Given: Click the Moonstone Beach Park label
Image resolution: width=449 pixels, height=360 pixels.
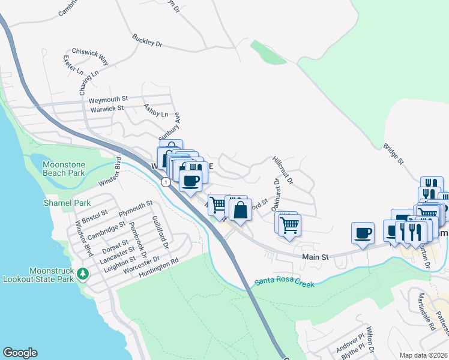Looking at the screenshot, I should (x=64, y=169).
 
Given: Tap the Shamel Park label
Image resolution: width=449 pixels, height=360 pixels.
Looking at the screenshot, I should (x=67, y=203).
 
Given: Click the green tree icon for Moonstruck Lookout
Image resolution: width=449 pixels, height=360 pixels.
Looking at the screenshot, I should (x=83, y=274).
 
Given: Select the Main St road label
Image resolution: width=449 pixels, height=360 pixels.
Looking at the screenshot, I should (x=316, y=257).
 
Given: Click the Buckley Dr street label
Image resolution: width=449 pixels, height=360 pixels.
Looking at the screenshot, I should (x=148, y=41).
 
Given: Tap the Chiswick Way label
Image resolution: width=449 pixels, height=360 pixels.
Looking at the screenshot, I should (x=90, y=56).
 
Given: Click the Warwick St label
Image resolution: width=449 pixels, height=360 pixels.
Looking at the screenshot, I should (x=107, y=109).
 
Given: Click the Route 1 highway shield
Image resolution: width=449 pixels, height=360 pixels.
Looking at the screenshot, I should (x=164, y=181).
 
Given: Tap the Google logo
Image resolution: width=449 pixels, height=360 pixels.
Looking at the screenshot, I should (x=20, y=353).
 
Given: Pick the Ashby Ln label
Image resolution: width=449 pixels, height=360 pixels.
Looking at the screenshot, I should (x=155, y=110).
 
